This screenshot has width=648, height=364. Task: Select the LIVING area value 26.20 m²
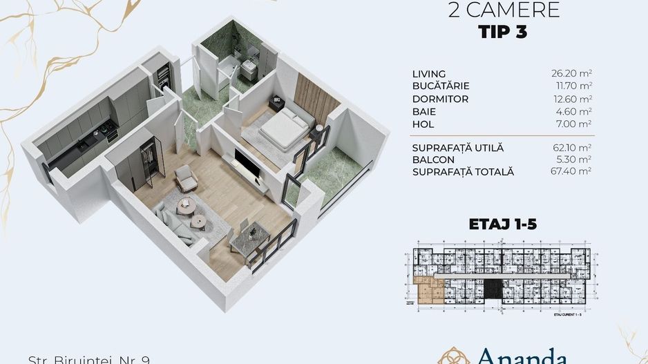pyautogui.click(x=575, y=73)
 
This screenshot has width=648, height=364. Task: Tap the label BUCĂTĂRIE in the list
pyautogui.click(x=441, y=86)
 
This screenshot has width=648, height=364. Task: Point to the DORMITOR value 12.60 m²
pyautogui.click(x=575, y=99)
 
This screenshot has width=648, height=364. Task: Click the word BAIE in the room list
pyautogui.click(x=424, y=111)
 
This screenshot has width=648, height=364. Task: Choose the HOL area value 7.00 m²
pyautogui.click(x=578, y=124)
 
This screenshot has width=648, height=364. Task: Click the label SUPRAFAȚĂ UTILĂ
pyautogui.click(x=458, y=148)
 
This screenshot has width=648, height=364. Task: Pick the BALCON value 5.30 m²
pyautogui.click(x=578, y=160)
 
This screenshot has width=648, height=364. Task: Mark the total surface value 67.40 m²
pyautogui.click(x=575, y=171)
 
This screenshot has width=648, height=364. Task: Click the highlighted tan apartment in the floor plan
pyautogui.click(x=432, y=292)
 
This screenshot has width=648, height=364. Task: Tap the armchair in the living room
pyautogui.click(x=185, y=178)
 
